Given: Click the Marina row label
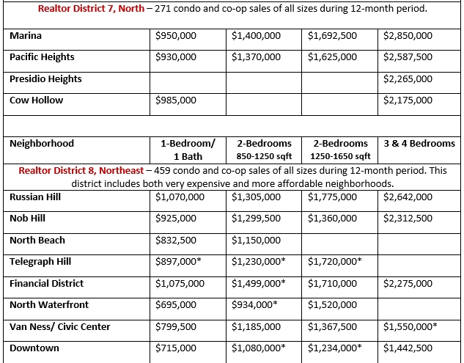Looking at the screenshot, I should pyautogui.click(x=26, y=35).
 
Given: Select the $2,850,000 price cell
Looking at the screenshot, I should pyautogui.click(x=408, y=35).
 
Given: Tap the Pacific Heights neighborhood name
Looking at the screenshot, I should pyautogui.click(x=42, y=56).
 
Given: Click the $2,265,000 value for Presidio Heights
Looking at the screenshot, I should pyautogui.click(x=408, y=78).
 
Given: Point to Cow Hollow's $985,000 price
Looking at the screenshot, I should pyautogui.click(x=176, y=100).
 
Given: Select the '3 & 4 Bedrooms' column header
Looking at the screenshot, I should pyautogui.click(x=419, y=144).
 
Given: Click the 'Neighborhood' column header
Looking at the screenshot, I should pyautogui.click(x=42, y=144).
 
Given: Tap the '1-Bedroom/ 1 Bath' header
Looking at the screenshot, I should pyautogui.click(x=188, y=150).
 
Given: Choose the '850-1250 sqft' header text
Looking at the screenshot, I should pyautogui.click(x=263, y=156).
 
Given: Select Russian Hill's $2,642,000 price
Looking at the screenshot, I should pyautogui.click(x=408, y=197).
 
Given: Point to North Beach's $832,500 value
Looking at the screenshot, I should pyautogui.click(x=176, y=240).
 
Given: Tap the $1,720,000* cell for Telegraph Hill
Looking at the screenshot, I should pyautogui.click(x=334, y=261).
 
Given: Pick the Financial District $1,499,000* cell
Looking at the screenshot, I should pyautogui.click(x=258, y=283).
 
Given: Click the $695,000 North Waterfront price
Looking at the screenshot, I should pyautogui.click(x=176, y=304).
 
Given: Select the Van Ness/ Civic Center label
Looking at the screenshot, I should pyautogui.click(x=60, y=326).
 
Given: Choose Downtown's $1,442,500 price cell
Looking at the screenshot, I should pyautogui.click(x=408, y=348).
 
